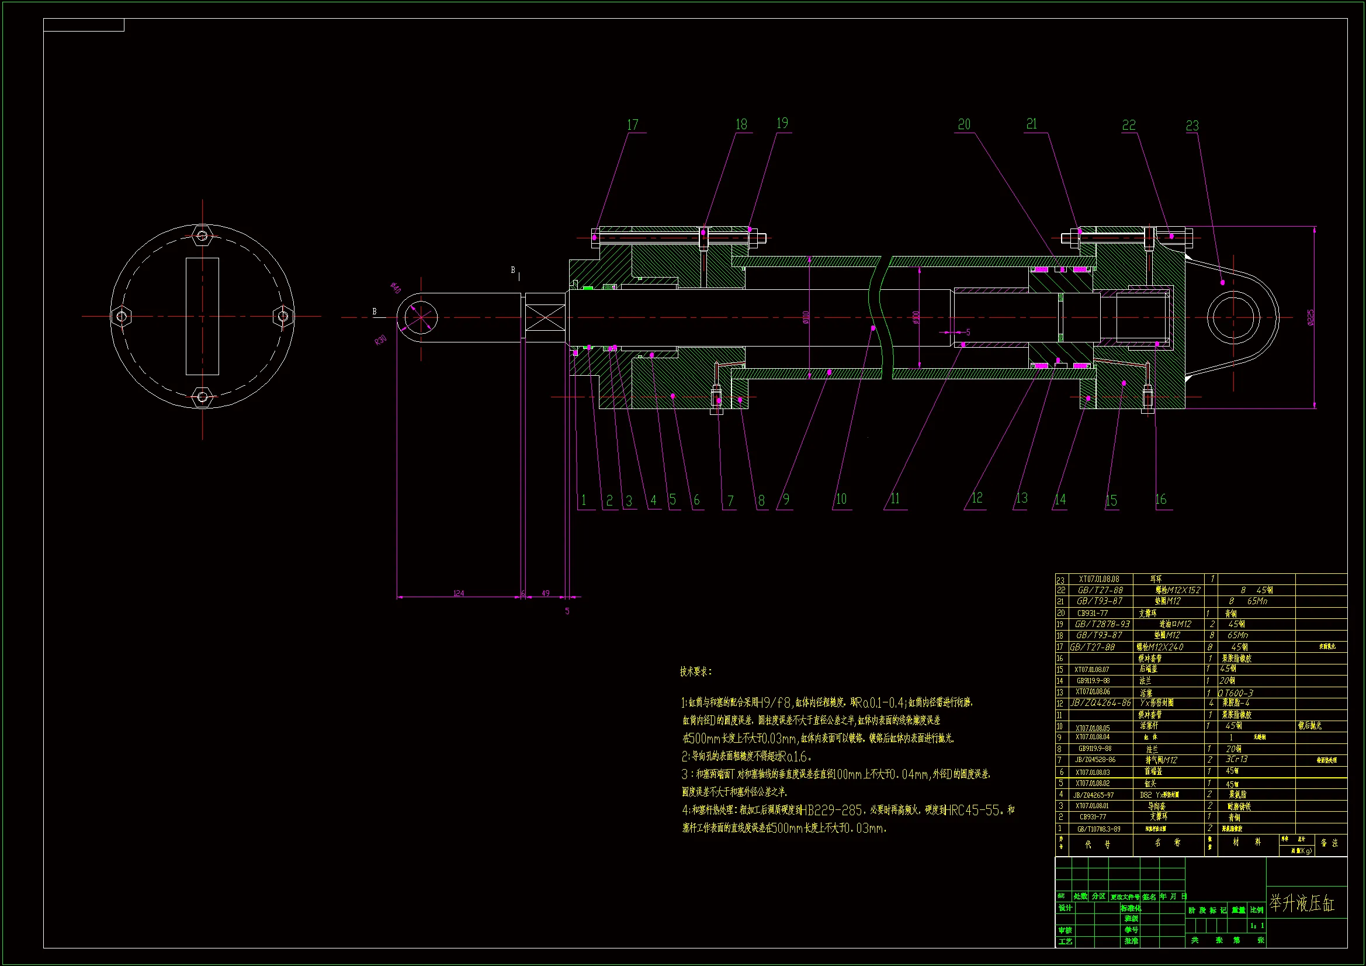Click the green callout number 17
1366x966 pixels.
tap(632, 125)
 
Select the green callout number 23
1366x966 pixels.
tap(1192, 126)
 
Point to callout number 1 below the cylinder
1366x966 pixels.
tap(584, 501)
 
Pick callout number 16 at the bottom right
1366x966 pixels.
tap(1161, 500)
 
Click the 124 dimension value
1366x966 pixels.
tap(459, 593)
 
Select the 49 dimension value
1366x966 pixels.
tap(546, 593)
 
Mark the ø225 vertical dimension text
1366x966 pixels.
tap(1311, 317)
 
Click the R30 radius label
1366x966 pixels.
tap(380, 341)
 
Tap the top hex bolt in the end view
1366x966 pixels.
tap(202, 237)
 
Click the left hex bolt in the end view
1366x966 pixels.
tap(122, 316)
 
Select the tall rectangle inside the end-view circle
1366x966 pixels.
tap(202, 316)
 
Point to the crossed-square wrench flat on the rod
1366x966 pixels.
tap(546, 317)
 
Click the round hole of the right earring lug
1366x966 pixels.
tap(1233, 318)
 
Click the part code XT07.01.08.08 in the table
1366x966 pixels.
tap(1099, 579)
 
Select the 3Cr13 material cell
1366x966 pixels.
tap(1236, 760)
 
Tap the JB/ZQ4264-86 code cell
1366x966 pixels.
tap(1101, 704)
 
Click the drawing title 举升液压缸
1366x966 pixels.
tap(1302, 904)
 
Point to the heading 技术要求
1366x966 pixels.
tap(695, 672)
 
